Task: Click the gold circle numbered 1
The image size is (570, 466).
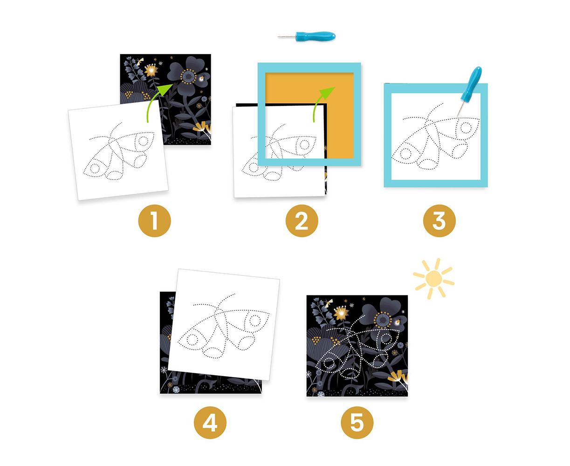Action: [154, 221]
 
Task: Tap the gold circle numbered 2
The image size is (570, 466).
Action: [302, 221]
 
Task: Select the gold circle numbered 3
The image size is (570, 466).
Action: [439, 221]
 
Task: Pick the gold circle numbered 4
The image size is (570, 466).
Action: [210, 423]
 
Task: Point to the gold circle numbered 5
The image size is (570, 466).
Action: [357, 423]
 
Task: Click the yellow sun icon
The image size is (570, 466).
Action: [433, 278]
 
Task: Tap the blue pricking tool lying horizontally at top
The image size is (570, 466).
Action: [307, 36]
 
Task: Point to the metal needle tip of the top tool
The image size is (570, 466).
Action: [278, 37]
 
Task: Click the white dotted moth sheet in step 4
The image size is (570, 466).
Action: [224, 324]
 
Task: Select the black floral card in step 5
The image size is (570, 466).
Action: [357, 346]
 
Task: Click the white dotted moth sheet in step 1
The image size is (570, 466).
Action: [118, 150]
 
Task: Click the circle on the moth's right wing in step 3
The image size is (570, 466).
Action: [466, 128]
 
